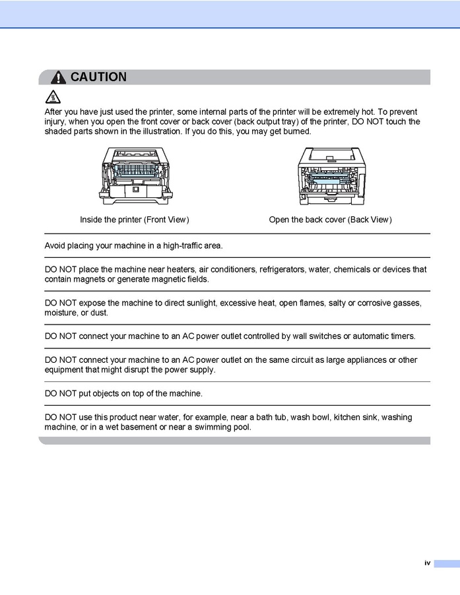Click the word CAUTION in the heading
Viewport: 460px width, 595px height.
click(98, 77)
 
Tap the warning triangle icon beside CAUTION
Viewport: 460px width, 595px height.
click(59, 78)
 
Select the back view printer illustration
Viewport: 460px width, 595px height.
click(330, 175)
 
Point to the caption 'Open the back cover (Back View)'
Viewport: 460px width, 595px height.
click(330, 220)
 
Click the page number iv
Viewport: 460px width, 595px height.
click(427, 563)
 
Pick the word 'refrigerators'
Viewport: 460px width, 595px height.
click(285, 269)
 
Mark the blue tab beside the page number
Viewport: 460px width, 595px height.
click(446, 563)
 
